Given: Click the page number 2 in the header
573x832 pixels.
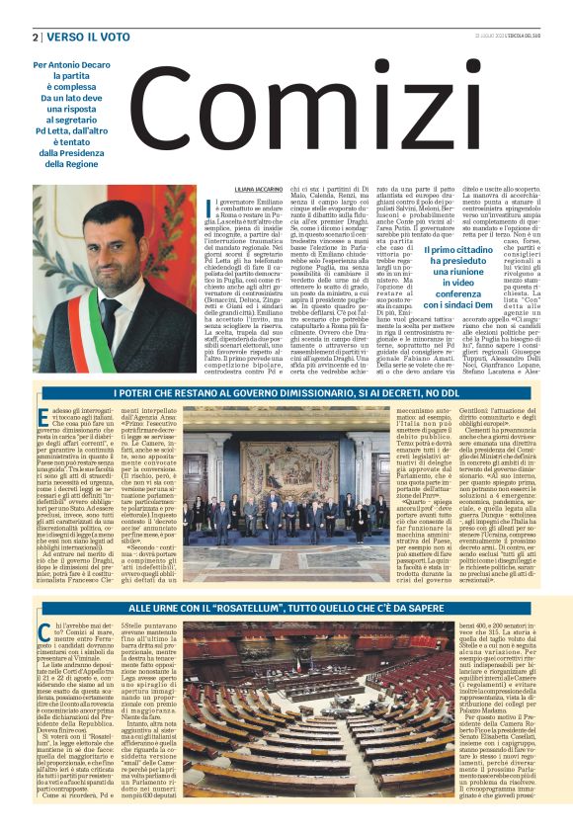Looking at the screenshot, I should click(35, 37).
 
